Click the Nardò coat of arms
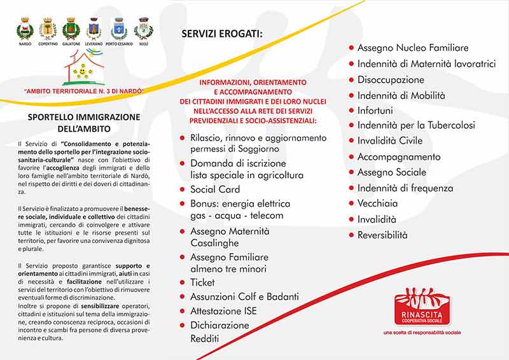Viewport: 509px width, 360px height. (x=25, y=29)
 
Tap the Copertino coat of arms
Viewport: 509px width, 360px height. (x=48, y=29)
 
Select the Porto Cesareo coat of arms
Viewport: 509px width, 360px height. (x=119, y=29)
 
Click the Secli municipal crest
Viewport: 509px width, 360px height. (x=143, y=29)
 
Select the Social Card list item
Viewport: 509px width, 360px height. (x=214, y=189)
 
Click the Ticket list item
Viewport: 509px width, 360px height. (x=202, y=282)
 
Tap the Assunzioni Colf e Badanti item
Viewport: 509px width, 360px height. (x=244, y=296)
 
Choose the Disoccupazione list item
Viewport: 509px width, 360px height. (x=390, y=80)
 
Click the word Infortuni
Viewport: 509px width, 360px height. (x=375, y=110)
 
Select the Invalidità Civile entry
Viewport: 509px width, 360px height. (x=389, y=141)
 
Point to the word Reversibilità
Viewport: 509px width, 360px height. (x=382, y=235)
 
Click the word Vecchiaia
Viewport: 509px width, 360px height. (x=377, y=203)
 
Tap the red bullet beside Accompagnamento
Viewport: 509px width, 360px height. (x=351, y=156)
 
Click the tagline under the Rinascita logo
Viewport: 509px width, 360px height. (x=422, y=333)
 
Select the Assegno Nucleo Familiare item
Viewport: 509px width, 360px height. (x=412, y=48)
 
